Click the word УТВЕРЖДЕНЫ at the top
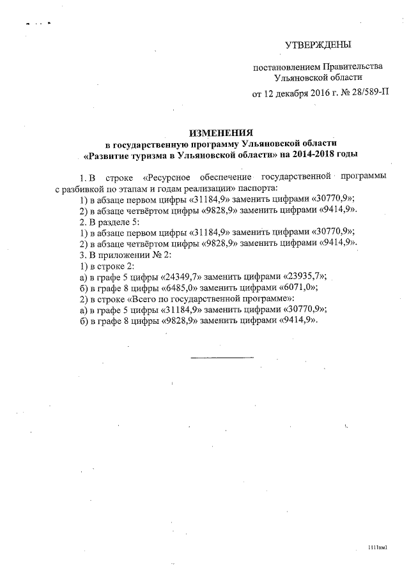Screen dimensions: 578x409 (x=318, y=44)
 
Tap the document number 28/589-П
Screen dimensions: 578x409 (x=366, y=93)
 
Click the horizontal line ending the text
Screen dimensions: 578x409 (x=222, y=356)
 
